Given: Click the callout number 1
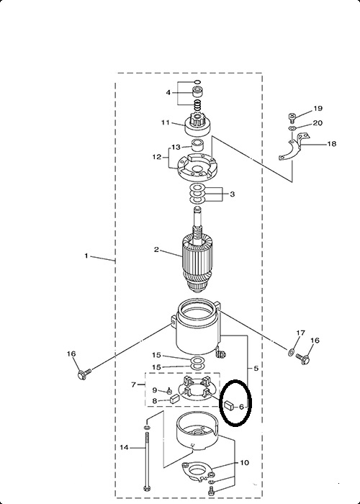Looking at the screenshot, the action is click(x=86, y=256).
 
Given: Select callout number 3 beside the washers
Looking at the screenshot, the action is click(x=232, y=194).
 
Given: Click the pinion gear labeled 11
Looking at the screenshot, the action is click(x=197, y=125).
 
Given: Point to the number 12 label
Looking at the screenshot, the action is click(x=156, y=157).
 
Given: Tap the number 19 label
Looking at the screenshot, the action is click(x=318, y=108).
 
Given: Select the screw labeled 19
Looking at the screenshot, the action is click(x=292, y=118).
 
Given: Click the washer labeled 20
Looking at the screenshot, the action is click(x=292, y=129).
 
